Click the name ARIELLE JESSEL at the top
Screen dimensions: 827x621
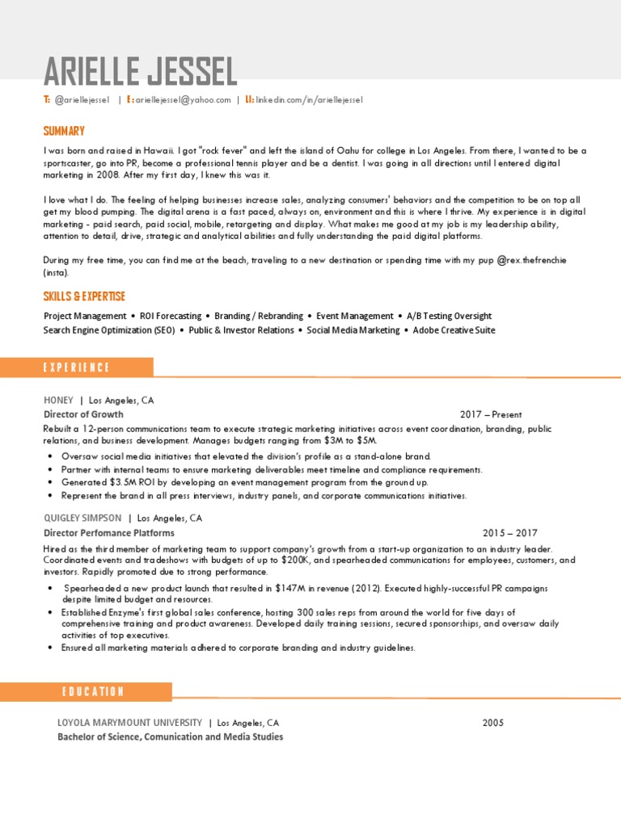tap(140, 73)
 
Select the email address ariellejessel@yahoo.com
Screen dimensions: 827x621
tap(183, 99)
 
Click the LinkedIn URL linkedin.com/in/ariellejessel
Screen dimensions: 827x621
tap(310, 99)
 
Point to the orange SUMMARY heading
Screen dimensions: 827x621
tap(64, 131)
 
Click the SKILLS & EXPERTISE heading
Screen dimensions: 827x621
tap(84, 296)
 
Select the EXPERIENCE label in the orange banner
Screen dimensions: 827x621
tap(76, 367)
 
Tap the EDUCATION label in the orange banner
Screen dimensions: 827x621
tap(92, 691)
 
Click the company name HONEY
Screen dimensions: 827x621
tap(58, 400)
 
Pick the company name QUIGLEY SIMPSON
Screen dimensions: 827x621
tap(82, 518)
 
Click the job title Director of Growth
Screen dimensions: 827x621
tap(78, 414)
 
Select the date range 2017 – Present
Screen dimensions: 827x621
tap(491, 414)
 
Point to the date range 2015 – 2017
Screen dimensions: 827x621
tap(509, 533)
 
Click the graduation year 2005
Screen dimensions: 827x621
tap(493, 723)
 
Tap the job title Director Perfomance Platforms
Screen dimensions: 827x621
tap(108, 533)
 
